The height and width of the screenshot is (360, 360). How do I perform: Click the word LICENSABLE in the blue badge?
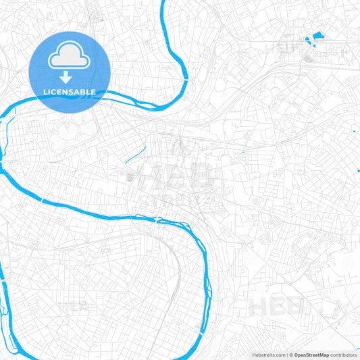pyautogui.click(x=69, y=92)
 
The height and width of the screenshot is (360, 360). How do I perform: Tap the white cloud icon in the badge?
pyautogui.click(x=69, y=58)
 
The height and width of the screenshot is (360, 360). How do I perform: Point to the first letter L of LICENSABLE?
pyautogui.click(x=45, y=92)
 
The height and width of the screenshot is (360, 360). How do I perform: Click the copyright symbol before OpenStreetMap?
pyautogui.click(x=291, y=355)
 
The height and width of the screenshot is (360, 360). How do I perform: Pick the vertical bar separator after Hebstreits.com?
pyautogui.click(x=286, y=355)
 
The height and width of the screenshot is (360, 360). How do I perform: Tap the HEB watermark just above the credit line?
pyautogui.click(x=278, y=306)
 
